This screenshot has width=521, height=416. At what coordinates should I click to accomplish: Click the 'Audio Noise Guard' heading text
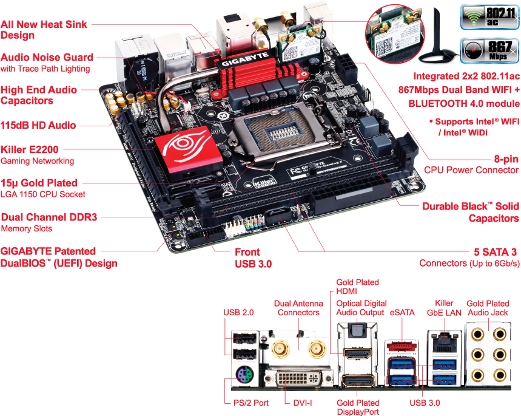point(47,57)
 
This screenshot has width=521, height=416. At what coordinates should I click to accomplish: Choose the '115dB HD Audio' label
point(38,125)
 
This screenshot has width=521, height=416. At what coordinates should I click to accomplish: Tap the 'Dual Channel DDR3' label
point(49,217)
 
